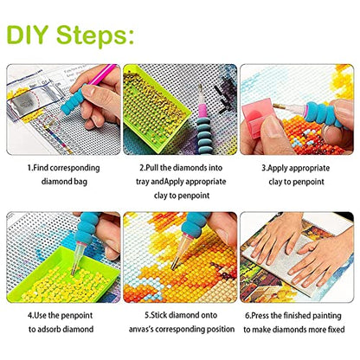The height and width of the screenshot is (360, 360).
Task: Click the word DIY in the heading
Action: coord(28,35)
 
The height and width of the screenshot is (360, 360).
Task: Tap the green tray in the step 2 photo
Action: coord(155,107)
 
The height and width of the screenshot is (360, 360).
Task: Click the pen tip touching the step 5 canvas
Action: coord(174,266)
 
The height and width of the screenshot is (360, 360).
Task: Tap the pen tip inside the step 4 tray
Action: coord(74,271)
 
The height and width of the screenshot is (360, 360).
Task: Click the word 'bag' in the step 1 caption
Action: coord(80,182)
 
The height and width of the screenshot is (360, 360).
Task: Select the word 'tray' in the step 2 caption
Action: coord(143,182)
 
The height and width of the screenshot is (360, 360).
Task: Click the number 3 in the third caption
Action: coord(263,168)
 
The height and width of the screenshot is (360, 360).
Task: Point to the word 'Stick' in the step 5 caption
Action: coord(158,315)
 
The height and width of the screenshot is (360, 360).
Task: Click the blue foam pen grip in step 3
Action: coord(321,113)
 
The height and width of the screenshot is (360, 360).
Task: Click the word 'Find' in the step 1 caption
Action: coord(41,168)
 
